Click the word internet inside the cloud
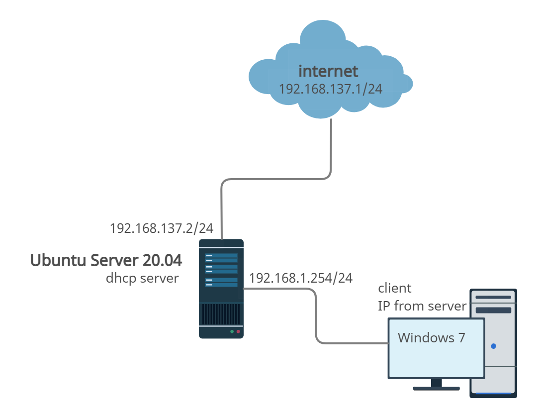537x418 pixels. [x=328, y=71]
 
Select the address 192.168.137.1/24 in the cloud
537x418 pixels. [x=330, y=89]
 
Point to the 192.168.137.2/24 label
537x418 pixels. [x=161, y=228]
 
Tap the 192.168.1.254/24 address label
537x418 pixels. [x=301, y=278]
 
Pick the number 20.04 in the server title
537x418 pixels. [x=162, y=260]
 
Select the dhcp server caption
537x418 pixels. [x=142, y=278]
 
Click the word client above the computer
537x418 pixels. [x=395, y=288]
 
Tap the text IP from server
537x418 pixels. [x=422, y=306]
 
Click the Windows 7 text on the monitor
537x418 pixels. [x=432, y=337]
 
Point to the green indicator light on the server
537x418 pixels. [x=231, y=331]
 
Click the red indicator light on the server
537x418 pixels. [x=238, y=331]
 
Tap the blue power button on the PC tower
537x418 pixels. [x=493, y=346]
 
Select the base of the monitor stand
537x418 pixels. [x=437, y=388]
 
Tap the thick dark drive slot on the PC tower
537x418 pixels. [x=494, y=310]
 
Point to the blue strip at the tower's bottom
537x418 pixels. [x=494, y=394]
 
